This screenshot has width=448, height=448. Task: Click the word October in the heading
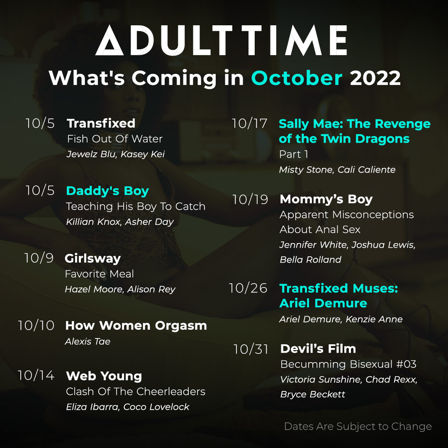(x=297, y=78)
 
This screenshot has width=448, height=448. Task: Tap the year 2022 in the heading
(x=375, y=78)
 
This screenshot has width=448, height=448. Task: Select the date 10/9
(x=39, y=258)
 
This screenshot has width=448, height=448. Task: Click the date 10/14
(x=36, y=375)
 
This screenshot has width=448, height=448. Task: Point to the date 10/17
(x=249, y=123)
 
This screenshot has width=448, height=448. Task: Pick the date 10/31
(x=251, y=349)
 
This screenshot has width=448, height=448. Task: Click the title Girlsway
(x=93, y=258)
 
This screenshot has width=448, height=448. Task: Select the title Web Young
(x=104, y=376)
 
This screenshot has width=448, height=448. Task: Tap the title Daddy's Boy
(x=107, y=191)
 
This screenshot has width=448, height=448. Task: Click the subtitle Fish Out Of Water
(x=114, y=139)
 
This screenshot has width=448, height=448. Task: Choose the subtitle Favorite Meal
(x=99, y=274)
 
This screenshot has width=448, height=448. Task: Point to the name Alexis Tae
(x=88, y=341)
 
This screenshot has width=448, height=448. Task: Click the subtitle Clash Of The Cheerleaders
(x=135, y=391)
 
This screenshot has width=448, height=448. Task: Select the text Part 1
(x=293, y=154)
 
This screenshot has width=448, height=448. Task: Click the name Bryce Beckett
(x=312, y=394)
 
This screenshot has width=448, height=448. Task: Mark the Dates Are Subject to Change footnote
(x=358, y=426)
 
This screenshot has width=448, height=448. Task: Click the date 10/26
(x=248, y=288)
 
